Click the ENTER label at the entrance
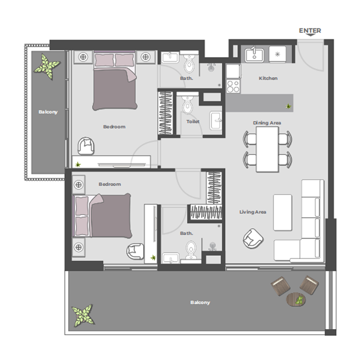pyautogui.click(x=310, y=31)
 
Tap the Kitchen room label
pyautogui.click(x=268, y=78)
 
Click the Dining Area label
pyautogui.click(x=267, y=122)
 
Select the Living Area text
pyautogui.click(x=252, y=212)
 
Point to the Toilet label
pyautogui.click(x=193, y=121)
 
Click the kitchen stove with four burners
pyautogui.click(x=233, y=85)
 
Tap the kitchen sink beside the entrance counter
pyautogui.click(x=254, y=55)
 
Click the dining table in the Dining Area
pyautogui.click(x=267, y=149)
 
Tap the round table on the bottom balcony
pyautogui.click(x=295, y=299)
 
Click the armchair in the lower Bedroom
pyautogui.click(x=135, y=251)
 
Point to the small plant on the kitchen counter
pyautogui.click(x=287, y=106)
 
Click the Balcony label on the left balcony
pyautogui.click(x=48, y=112)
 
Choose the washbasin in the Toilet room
pyautogui.click(x=216, y=121)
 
